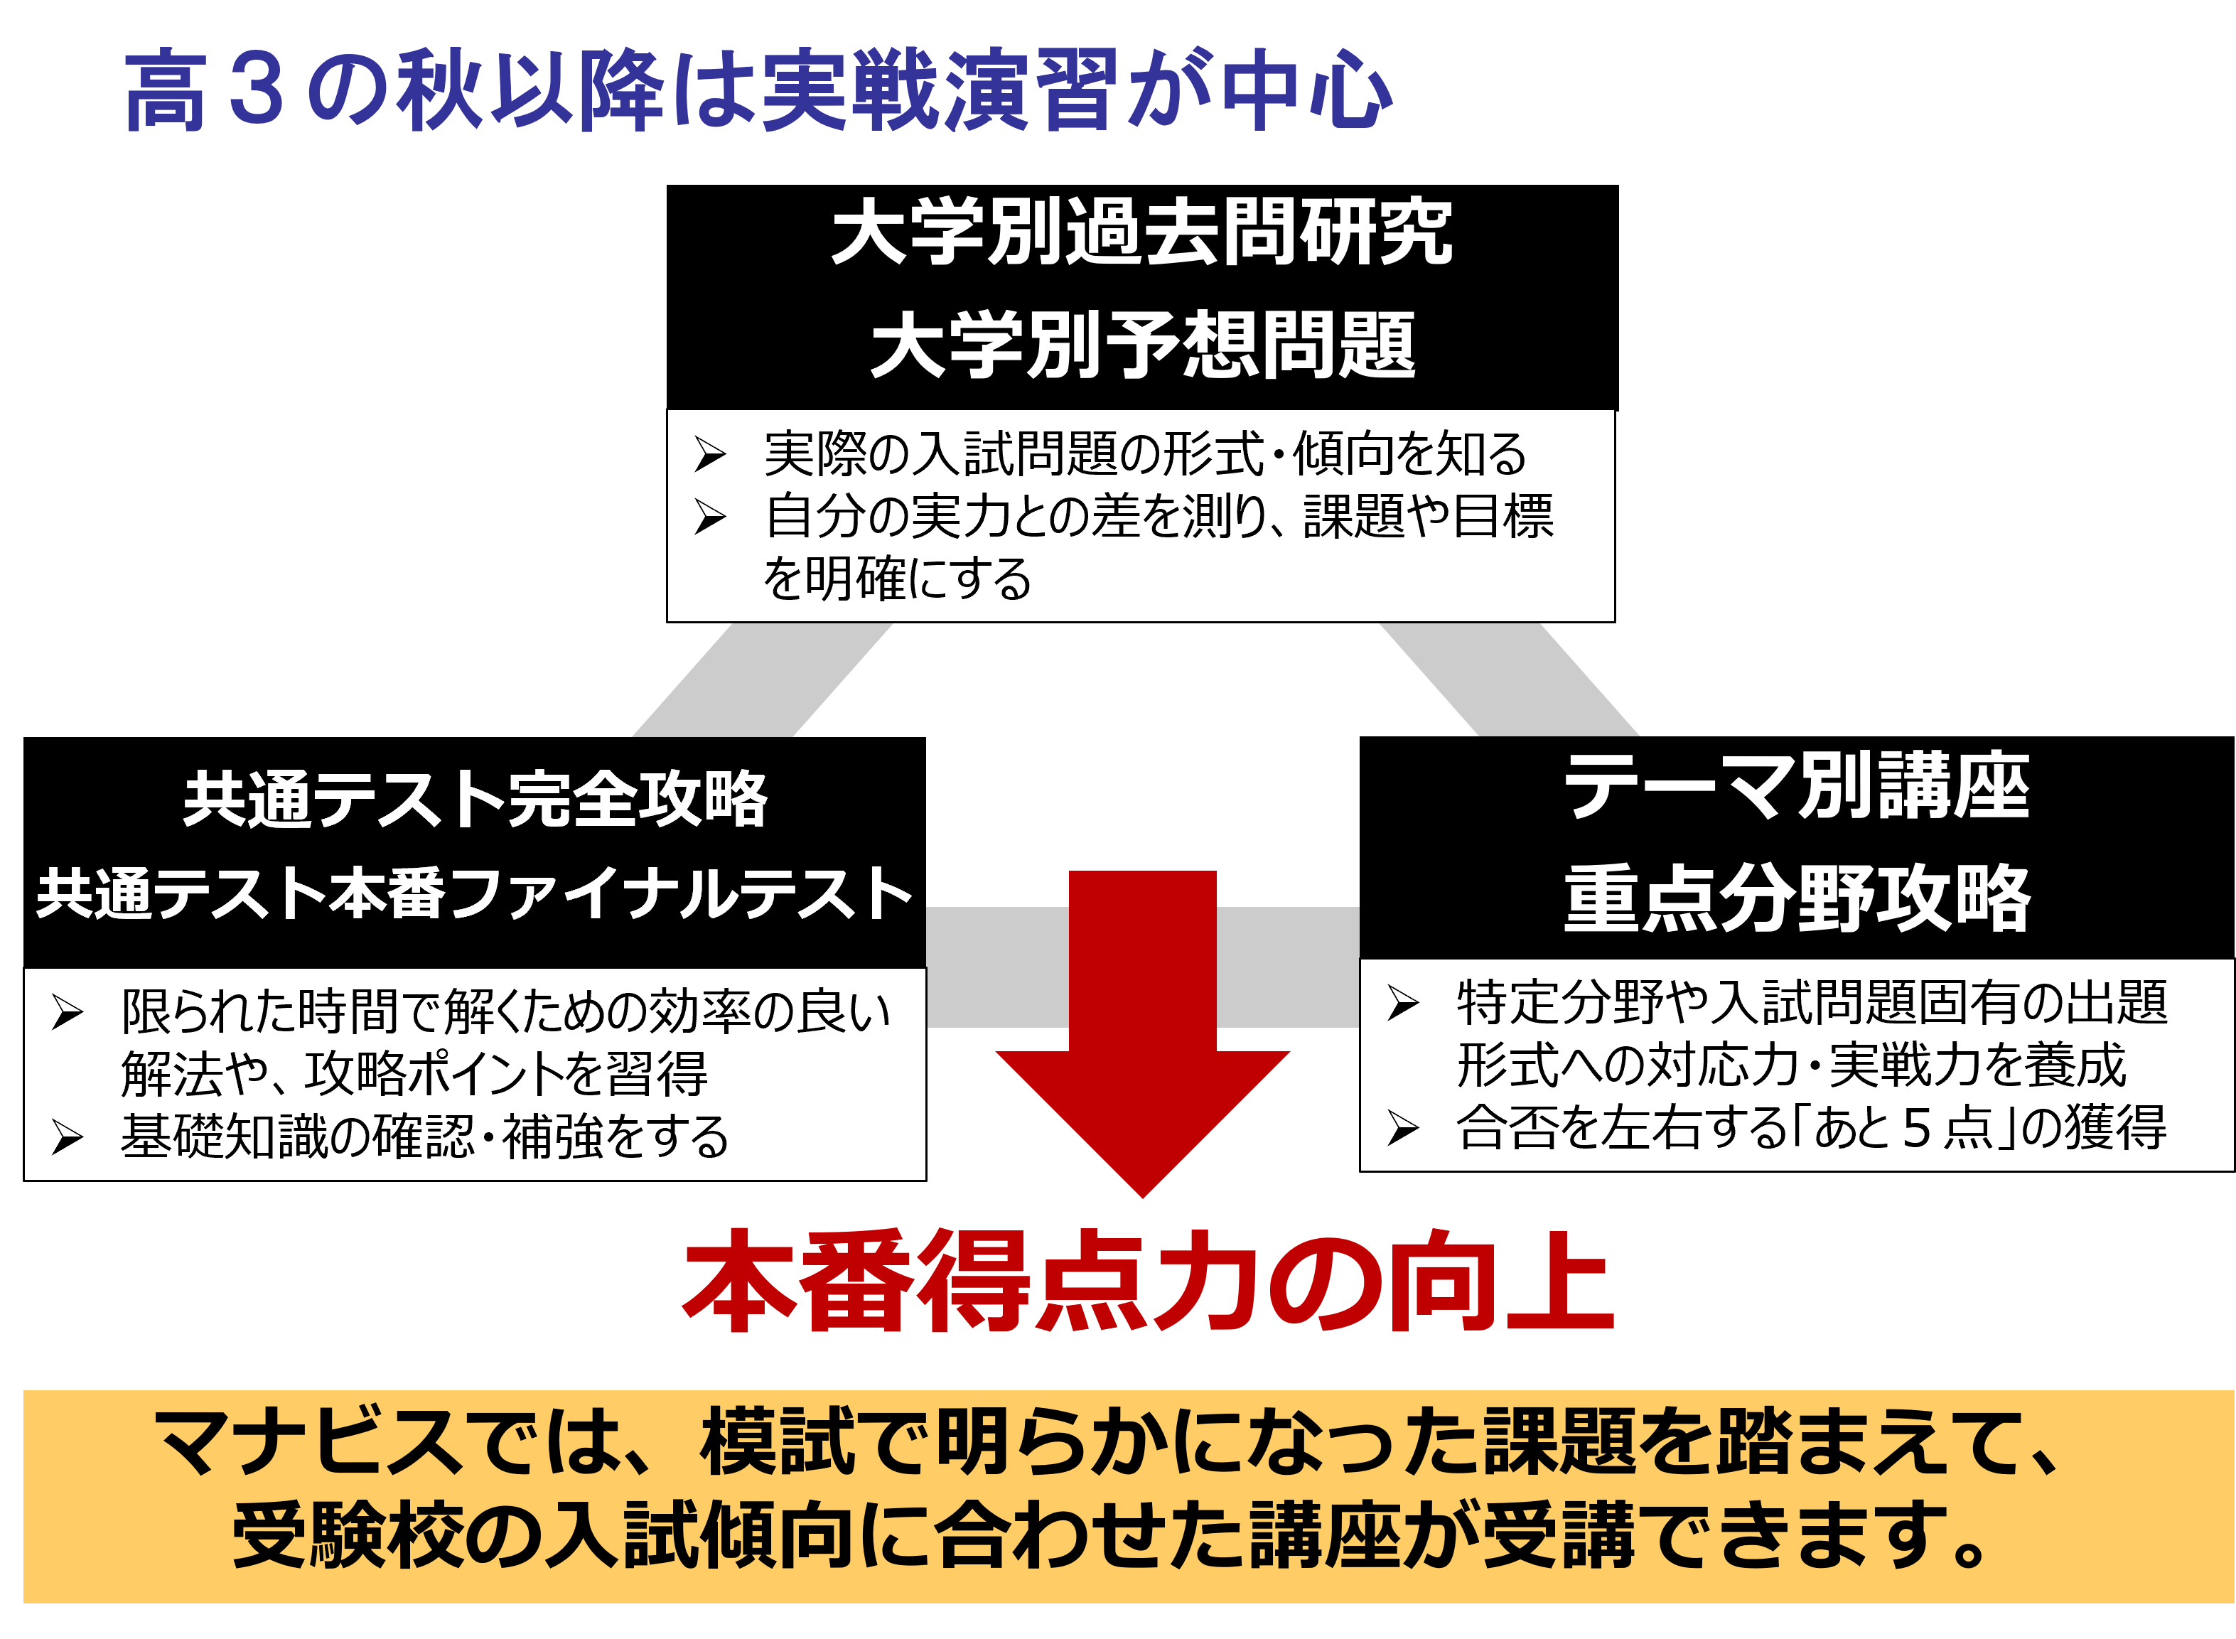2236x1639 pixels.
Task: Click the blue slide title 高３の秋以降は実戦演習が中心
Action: [x=759, y=91]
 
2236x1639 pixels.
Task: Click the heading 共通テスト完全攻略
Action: [x=475, y=799]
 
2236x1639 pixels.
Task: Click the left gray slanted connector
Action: [x=762, y=681]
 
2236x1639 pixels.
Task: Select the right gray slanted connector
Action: [x=1509, y=681]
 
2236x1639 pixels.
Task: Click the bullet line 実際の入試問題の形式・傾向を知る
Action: [x=1145, y=454]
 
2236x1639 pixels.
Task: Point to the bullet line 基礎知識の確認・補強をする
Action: [x=424, y=1136]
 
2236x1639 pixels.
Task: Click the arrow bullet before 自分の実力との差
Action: [x=709, y=517]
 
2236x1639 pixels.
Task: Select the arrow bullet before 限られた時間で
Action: [x=67, y=1012]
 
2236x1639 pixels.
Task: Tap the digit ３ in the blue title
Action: [x=256, y=91]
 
